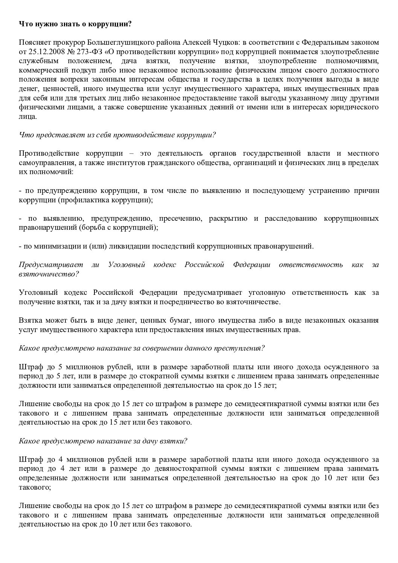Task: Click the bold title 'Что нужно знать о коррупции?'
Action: coord(75,24)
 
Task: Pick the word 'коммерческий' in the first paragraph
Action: coord(43,70)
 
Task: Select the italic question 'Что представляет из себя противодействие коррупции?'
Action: coord(117,135)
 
